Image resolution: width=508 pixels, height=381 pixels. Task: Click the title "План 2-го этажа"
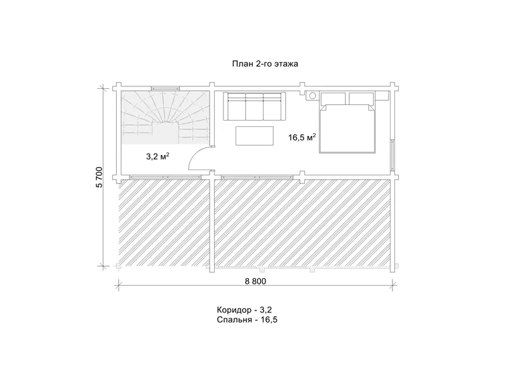click(x=265, y=64)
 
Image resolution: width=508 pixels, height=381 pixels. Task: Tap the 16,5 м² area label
click(x=302, y=137)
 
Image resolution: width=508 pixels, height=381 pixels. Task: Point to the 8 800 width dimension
click(x=255, y=281)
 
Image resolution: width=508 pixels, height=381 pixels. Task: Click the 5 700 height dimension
click(x=99, y=177)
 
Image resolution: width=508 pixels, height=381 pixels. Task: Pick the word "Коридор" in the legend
click(x=234, y=310)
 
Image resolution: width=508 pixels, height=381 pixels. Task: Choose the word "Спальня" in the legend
click(x=234, y=320)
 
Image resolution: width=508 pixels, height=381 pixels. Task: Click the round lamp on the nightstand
click(x=312, y=96)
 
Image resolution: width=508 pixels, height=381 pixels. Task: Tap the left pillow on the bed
click(x=333, y=99)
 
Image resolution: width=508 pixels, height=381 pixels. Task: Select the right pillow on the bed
click(x=361, y=99)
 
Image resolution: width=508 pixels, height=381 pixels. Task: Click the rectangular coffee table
click(x=255, y=136)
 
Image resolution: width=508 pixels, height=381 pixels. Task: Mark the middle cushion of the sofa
click(x=255, y=107)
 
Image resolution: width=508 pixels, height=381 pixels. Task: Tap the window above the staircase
click(x=165, y=88)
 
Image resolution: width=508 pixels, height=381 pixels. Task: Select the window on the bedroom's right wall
click(x=392, y=155)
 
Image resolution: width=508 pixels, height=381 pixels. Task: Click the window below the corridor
click(x=165, y=177)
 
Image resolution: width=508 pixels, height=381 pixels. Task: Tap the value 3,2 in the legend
click(x=265, y=311)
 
